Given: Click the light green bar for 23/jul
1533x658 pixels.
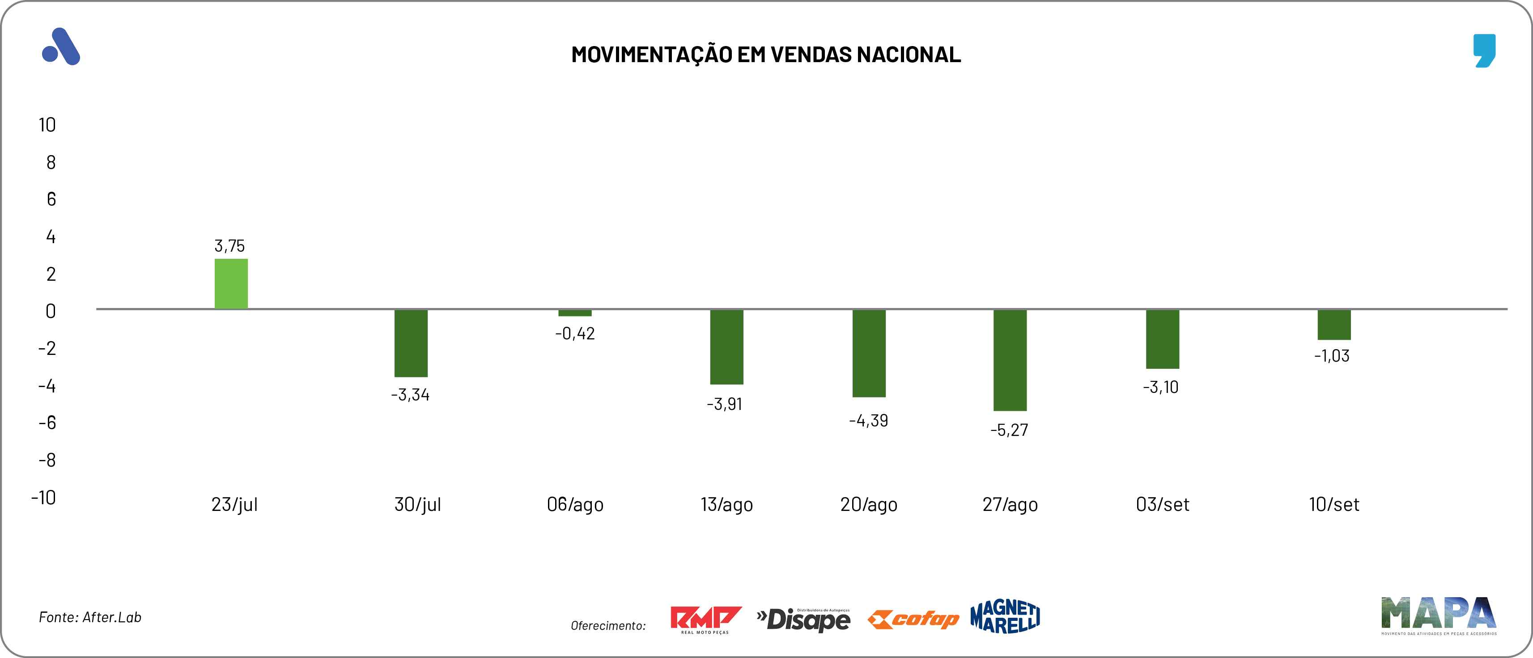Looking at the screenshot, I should (231, 284).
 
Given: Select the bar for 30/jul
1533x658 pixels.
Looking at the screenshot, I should (411, 343).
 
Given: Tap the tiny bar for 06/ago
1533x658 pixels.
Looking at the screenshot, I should (575, 313).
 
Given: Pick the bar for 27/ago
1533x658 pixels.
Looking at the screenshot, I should (1010, 360).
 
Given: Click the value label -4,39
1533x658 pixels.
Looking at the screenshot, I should (868, 421).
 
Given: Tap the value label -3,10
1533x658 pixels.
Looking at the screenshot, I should (1160, 387).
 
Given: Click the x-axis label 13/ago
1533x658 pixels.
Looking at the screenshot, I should (726, 505).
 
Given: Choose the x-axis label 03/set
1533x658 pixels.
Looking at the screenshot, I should (1162, 505).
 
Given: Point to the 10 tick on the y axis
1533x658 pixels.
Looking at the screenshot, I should (47, 125).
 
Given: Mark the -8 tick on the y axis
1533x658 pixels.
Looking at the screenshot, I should (47, 460).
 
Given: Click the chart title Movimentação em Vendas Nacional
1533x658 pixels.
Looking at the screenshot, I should (766, 54).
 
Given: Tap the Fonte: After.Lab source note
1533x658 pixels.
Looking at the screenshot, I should (90, 617).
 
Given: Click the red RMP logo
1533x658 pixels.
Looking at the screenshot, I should (705, 619).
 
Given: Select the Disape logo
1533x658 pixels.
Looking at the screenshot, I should (803, 619).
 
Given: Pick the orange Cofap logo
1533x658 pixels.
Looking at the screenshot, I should (913, 619).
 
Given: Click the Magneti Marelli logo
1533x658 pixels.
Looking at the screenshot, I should (1005, 616).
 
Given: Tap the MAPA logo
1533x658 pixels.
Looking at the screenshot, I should (1438, 615).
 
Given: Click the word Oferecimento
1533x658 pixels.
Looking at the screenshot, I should (607, 625).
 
